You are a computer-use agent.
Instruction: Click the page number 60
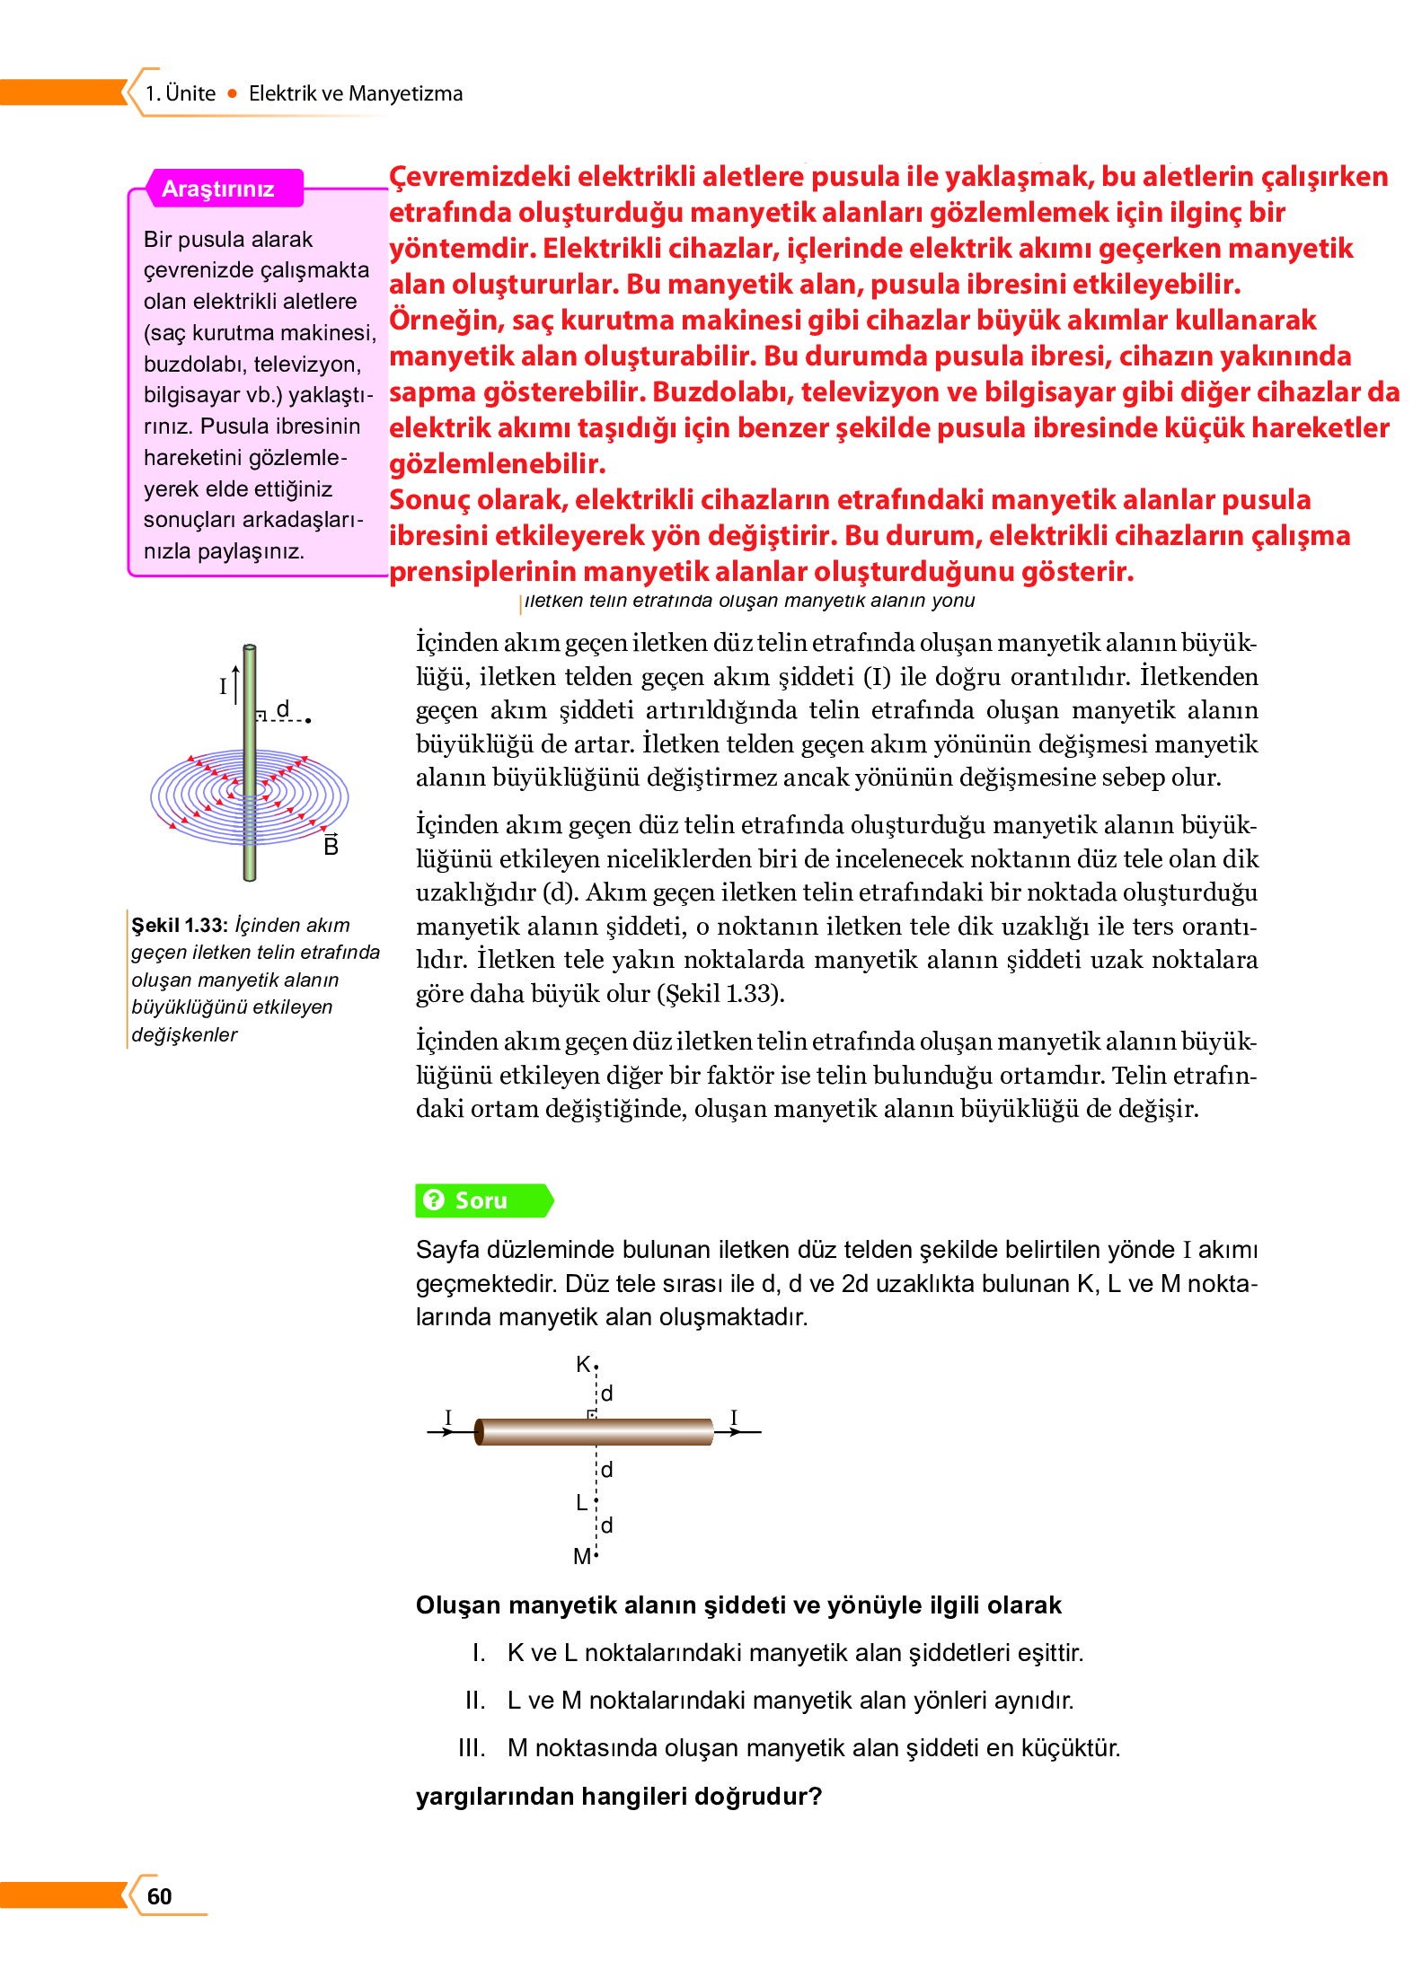pyautogui.click(x=159, y=1895)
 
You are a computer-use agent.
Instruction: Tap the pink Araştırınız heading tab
pyautogui.click(x=217, y=189)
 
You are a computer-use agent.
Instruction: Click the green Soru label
pyautogui.click(x=481, y=1200)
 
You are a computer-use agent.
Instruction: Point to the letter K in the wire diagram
pyautogui.click(x=583, y=1364)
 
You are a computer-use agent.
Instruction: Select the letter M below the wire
pyautogui.click(x=581, y=1556)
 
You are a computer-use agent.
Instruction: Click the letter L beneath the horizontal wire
pyautogui.click(x=581, y=1502)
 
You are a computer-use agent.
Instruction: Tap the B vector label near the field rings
pyautogui.click(x=331, y=846)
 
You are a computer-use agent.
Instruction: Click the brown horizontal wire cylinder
pyautogui.click(x=594, y=1431)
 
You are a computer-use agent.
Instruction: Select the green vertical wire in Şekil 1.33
pyautogui.click(x=250, y=763)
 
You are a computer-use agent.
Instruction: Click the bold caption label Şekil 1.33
pyautogui.click(x=180, y=925)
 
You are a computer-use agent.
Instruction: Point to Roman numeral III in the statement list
pyautogui.click(x=472, y=1747)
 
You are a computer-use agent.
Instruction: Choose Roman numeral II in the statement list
pyautogui.click(x=475, y=1700)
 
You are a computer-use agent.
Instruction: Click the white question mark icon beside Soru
pyautogui.click(x=434, y=1200)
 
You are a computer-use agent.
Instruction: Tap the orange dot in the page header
pyautogui.click(x=233, y=93)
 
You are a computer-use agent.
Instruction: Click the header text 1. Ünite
pyautogui.click(x=181, y=93)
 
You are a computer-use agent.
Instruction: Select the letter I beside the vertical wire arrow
pyautogui.click(x=223, y=687)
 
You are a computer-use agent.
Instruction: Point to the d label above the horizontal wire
pyautogui.click(x=607, y=1393)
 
